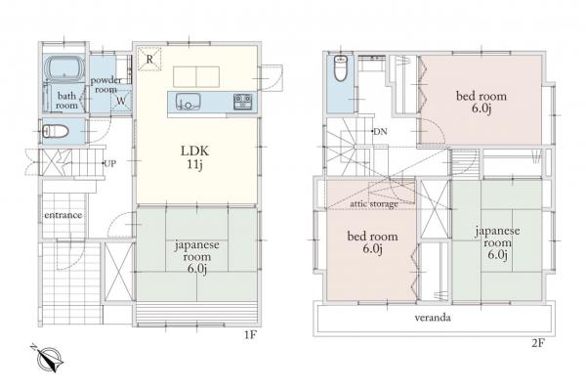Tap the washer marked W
(121, 99)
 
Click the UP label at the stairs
(111, 162)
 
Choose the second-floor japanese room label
(497, 240)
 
